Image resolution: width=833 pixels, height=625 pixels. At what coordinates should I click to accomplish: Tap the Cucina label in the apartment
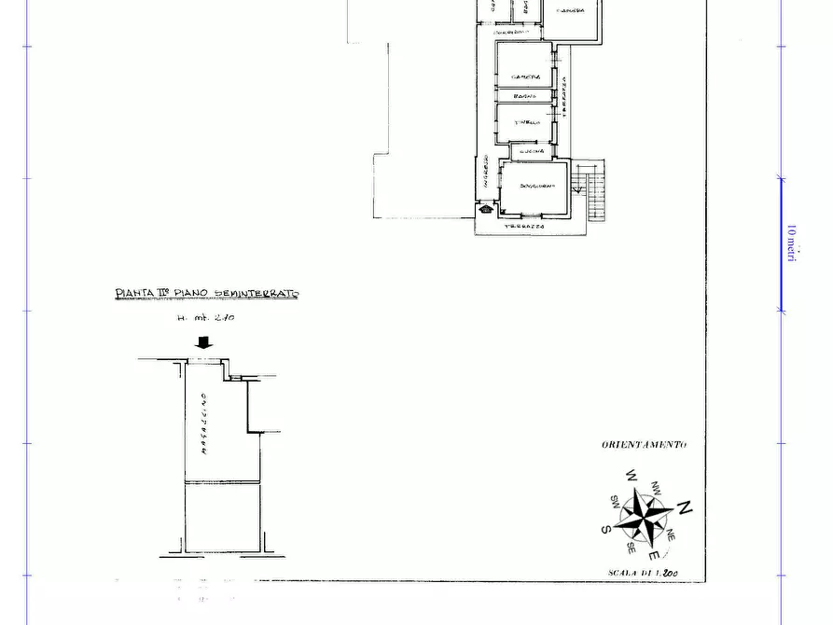533,151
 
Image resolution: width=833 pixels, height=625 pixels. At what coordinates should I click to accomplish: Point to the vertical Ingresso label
486,174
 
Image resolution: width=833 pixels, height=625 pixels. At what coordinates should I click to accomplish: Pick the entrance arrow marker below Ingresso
486,209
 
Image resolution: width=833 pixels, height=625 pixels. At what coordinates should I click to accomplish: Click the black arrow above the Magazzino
203,343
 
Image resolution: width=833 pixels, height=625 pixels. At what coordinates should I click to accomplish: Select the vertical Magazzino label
203,424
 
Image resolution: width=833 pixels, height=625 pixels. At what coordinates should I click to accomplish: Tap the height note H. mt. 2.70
205,317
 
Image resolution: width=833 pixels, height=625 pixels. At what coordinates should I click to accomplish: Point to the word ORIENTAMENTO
644,444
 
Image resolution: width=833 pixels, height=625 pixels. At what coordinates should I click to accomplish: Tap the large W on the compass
631,477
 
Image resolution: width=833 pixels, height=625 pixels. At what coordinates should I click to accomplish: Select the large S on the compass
606,529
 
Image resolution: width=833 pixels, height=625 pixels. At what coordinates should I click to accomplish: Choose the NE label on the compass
670,536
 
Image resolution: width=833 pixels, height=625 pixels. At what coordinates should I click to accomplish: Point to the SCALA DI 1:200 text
643,573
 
